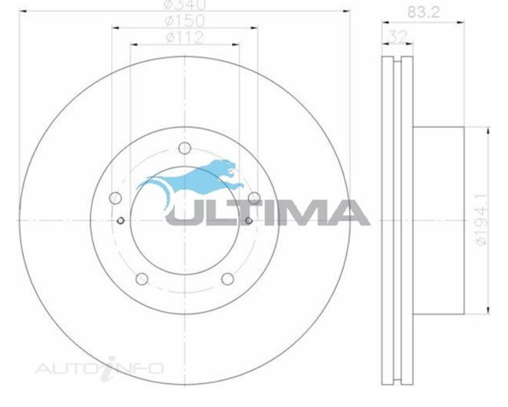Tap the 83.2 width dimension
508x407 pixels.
[423, 12]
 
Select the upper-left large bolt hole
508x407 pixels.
[116, 197]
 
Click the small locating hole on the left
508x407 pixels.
[120, 220]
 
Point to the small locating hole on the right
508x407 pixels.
[248, 220]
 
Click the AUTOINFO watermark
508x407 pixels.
[99, 367]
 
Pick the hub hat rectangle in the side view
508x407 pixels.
[439, 220]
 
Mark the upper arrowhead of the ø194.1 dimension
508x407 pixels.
[488, 132]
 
